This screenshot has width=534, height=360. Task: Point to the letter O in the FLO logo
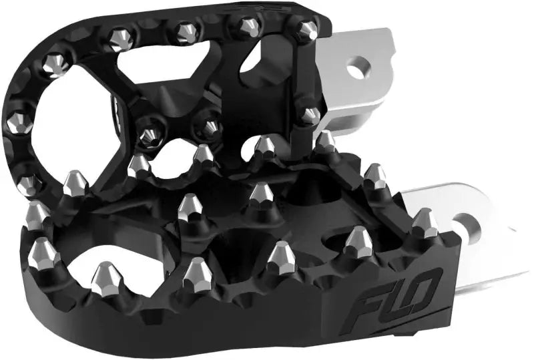click(x=413, y=281)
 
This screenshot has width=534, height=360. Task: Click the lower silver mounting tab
click(x=467, y=247)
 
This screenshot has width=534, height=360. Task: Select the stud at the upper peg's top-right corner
click(x=306, y=29)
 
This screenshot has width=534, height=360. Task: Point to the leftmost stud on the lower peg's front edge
click(x=44, y=251)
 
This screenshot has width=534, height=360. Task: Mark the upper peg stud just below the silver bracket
click(x=309, y=116)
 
